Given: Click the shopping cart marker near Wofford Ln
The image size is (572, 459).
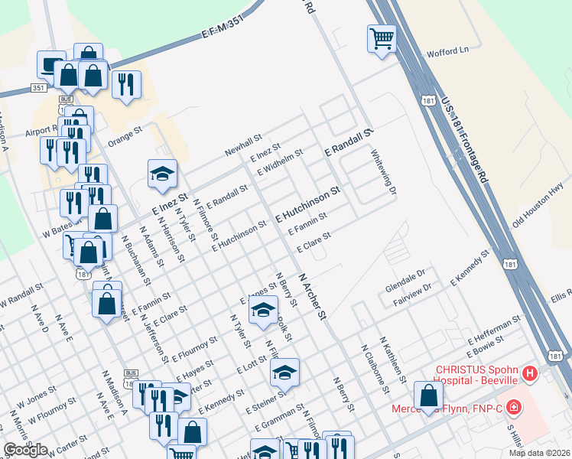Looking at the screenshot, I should click(382, 37).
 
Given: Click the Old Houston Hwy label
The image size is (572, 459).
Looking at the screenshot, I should click(538, 200).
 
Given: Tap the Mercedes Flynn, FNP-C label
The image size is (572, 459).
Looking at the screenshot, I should click(447, 408).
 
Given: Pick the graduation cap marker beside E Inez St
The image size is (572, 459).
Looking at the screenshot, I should click(162, 174).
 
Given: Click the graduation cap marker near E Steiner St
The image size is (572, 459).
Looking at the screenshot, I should click(284, 373).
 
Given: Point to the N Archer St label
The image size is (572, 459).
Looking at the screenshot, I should click(313, 297).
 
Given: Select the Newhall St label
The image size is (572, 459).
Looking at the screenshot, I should click(243, 145).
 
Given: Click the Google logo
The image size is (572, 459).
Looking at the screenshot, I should click(25, 450).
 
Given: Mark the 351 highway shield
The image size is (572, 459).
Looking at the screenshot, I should click(38, 89).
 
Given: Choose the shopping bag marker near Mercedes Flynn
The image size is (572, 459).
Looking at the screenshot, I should click(429, 396).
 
